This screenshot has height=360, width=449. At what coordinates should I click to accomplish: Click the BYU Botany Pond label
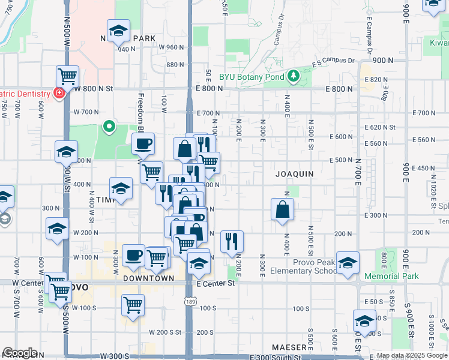[252, 77]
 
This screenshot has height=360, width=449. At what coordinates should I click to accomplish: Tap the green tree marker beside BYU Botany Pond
[293, 76]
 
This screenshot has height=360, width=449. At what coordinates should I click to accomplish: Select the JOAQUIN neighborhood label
[295, 174]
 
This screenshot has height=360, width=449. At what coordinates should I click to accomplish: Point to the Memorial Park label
[392, 277]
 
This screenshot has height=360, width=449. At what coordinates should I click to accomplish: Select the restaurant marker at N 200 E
[232, 241]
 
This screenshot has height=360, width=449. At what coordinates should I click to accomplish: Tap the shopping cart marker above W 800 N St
[67, 76]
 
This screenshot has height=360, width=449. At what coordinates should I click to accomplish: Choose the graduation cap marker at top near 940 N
[119, 30]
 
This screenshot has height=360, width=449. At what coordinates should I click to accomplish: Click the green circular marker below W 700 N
[109, 126]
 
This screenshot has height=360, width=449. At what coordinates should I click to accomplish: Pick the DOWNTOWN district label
[149, 278]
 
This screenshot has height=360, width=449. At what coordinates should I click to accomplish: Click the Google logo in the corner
[19, 353]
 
